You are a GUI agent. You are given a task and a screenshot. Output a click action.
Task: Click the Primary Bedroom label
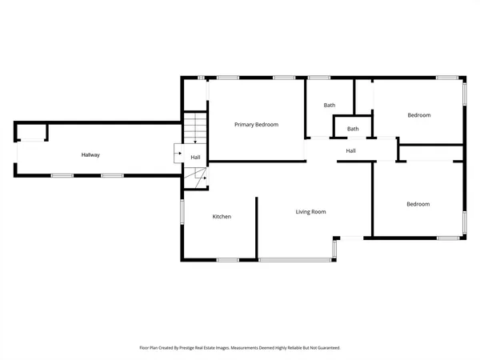click(256, 125)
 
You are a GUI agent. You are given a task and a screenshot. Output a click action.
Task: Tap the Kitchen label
click(222, 217)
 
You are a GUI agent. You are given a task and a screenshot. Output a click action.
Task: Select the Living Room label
click(310, 212)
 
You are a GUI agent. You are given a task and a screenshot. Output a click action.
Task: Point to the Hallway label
click(90, 154)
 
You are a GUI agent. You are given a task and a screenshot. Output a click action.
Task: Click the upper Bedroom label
click(418, 115)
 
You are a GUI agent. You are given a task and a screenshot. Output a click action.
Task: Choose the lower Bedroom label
click(418, 204)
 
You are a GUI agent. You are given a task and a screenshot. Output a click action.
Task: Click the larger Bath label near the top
click(329, 106)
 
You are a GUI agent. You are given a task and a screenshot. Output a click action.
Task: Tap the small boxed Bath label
click(353, 129)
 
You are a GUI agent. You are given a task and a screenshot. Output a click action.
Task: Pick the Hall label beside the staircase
click(195, 157)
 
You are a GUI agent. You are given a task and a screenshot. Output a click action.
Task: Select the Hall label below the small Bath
click(350, 151)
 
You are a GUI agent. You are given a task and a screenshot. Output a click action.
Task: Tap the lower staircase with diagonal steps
click(196, 178)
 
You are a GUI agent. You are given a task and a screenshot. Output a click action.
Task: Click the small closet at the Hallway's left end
click(32, 132)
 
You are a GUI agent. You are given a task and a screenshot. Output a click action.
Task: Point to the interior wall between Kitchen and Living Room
click(257, 228)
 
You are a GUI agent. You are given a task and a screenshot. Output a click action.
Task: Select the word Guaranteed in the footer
click(326, 348)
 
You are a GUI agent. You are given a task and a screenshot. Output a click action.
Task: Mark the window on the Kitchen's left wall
click(182, 212)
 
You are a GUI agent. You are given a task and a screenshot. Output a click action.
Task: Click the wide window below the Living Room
click(295, 260)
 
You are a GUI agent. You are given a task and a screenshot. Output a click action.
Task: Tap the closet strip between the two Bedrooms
click(430, 153)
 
